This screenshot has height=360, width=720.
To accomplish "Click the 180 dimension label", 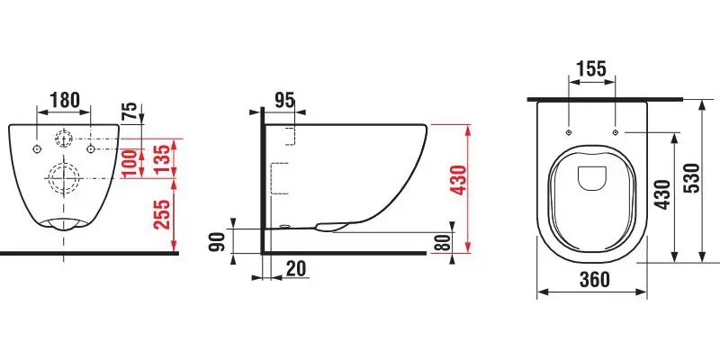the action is [64, 100].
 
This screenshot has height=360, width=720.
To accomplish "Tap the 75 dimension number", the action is [130, 111].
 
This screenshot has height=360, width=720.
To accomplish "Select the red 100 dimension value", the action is [130, 164].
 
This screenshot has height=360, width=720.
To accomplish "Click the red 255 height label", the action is [161, 214].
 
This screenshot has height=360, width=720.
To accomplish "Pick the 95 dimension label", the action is [284, 101].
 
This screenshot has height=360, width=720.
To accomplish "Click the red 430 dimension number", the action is [459, 179].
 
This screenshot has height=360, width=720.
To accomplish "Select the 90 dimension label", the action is [217, 242].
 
